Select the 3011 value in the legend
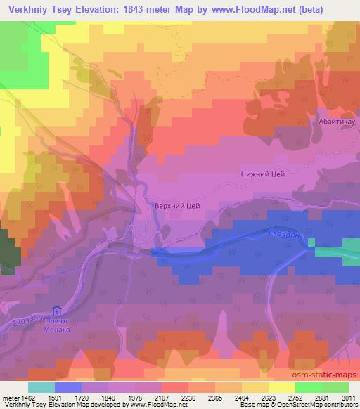348,397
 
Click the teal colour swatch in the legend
41,387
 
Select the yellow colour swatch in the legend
282,387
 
